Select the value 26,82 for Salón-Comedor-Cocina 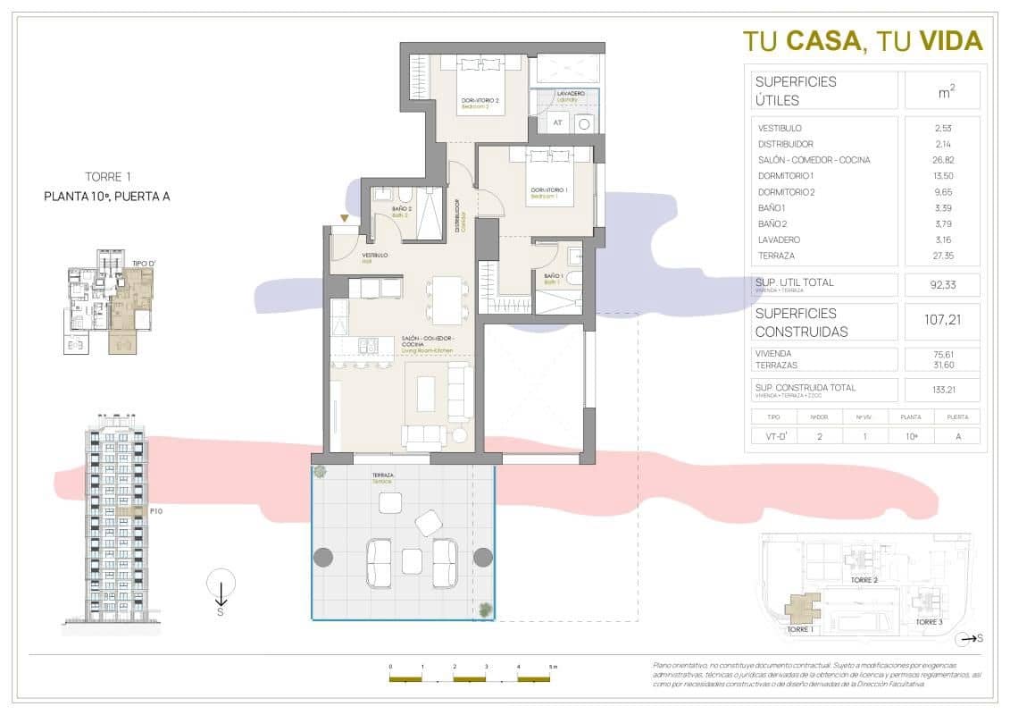point(942,160)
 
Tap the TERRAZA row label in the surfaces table point(777,256)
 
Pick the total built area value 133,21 point(942,390)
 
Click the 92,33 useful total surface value point(942,285)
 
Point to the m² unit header point(942,90)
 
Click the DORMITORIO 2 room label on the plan point(480,100)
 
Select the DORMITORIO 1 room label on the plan point(549,190)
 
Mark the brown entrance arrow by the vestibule point(344,218)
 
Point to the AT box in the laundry point(557,123)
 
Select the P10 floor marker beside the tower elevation point(155,511)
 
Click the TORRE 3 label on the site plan point(928,622)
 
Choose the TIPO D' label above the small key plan point(144,264)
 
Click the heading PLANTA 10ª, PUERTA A point(106,197)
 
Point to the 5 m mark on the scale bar point(553,667)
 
